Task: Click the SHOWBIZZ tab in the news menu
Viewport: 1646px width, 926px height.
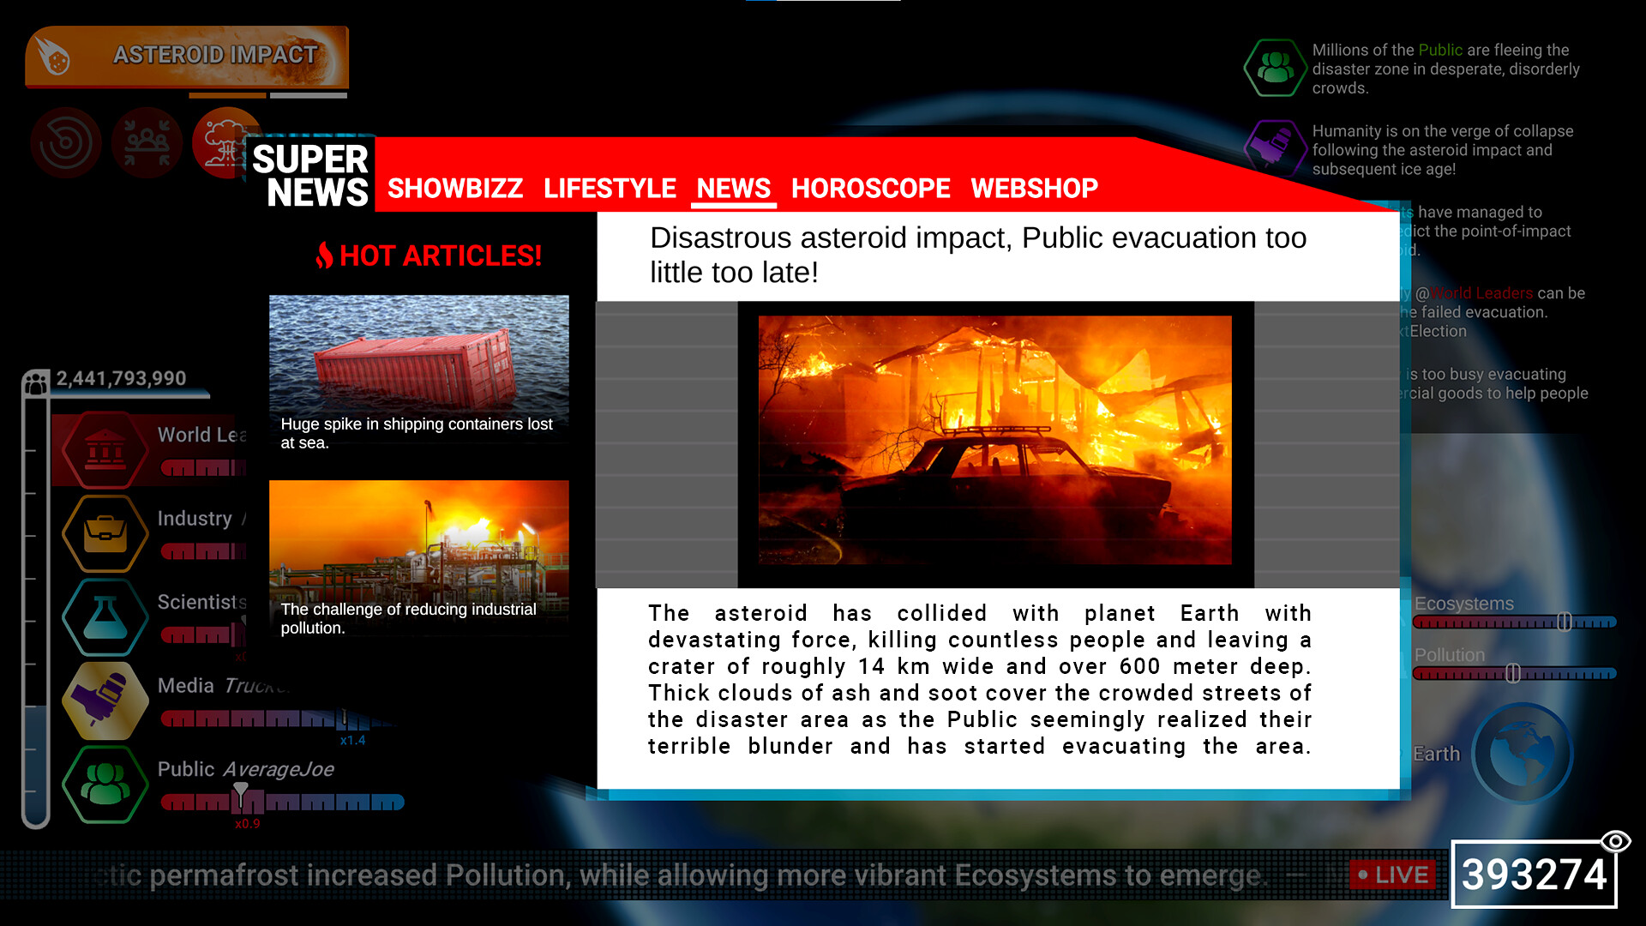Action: click(454, 188)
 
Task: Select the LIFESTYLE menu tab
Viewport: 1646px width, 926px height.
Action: click(610, 188)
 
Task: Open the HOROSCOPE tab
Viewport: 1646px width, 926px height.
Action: click(870, 188)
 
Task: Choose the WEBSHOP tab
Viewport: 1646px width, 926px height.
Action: click(1034, 188)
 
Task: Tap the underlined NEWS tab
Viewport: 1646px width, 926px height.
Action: click(733, 188)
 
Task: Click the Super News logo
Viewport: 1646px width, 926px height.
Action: click(310, 175)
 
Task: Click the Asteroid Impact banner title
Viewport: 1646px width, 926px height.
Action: click(215, 55)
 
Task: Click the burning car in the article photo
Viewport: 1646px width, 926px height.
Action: click(1003, 480)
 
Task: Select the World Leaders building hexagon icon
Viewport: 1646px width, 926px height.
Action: click(105, 449)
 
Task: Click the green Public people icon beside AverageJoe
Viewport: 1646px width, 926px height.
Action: click(105, 784)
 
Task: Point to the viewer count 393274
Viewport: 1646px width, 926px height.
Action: click(1534, 875)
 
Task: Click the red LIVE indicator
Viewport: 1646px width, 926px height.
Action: click(1393, 875)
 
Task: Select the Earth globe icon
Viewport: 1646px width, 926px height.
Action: click(1523, 754)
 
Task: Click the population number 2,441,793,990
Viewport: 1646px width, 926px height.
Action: click(121, 378)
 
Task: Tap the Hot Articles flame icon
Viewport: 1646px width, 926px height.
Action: click(324, 255)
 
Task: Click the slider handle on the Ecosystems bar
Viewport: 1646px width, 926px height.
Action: click(1564, 622)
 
